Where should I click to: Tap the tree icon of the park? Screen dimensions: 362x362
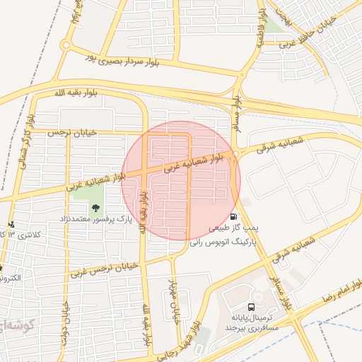(95, 208)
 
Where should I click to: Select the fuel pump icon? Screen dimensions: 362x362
(234, 216)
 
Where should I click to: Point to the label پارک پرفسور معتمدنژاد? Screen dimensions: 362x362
(98, 221)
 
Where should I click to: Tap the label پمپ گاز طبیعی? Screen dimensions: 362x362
(228, 230)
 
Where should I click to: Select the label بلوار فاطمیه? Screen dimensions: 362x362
(261, 28)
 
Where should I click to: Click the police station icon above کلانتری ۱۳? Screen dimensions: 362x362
(11, 224)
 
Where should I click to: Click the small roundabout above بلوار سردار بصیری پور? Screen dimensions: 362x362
(65, 45)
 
